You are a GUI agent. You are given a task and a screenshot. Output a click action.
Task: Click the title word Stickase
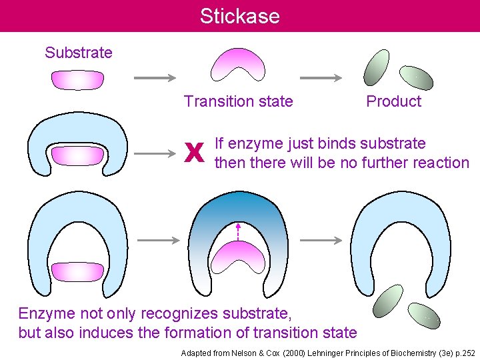pos(239,16)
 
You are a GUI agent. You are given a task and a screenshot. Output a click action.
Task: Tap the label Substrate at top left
pos(79,52)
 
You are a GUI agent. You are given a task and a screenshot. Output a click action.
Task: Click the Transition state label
pos(238,101)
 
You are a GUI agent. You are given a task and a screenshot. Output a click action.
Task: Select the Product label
pos(394,101)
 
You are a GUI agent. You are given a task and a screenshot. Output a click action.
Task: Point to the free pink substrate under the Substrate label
pos(78,79)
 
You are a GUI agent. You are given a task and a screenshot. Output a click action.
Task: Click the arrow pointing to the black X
pos(160,155)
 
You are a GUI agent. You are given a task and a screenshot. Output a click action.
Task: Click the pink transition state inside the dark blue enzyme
pos(239,257)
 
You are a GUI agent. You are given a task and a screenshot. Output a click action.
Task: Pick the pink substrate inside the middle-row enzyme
pos(78,156)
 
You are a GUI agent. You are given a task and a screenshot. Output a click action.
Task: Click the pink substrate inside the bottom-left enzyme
pos(78,271)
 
